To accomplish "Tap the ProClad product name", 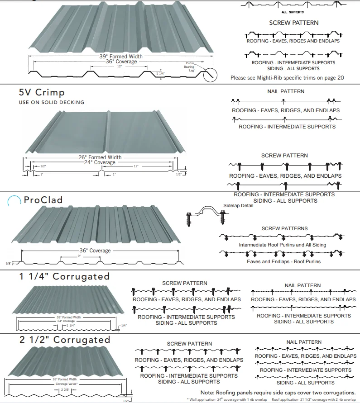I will [x=43, y=200].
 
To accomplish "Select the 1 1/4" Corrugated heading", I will [x=64, y=276].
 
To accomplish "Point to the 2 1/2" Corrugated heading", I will [x=64, y=340].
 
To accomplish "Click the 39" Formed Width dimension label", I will [x=121, y=57].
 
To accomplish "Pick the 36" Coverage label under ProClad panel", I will [x=94, y=251].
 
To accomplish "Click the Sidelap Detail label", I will [x=238, y=206].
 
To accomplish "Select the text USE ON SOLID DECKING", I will [x=51, y=103].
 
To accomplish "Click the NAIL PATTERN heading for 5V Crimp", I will [x=286, y=91].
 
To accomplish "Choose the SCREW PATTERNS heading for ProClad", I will [x=284, y=228].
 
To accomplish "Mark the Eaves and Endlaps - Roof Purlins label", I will [x=284, y=261].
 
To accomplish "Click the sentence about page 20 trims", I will [x=287, y=78].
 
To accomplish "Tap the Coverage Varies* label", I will [x=67, y=384].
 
